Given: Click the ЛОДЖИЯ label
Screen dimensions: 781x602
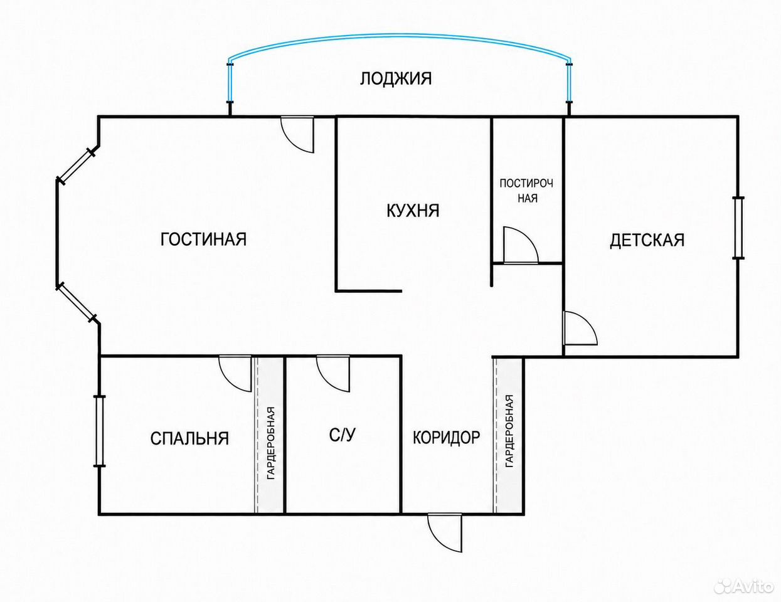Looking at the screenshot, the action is (x=396, y=78).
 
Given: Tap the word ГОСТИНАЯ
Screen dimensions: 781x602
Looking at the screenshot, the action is (x=203, y=239).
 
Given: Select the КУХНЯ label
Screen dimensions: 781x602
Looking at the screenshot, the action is (x=413, y=211).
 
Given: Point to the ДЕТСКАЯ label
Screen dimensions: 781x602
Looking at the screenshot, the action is (x=647, y=240).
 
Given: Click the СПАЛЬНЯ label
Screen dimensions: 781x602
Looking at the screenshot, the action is (x=189, y=438).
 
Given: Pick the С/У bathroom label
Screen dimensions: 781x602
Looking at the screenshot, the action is (x=342, y=435).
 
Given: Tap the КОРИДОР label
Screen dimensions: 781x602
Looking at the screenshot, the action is (x=446, y=438).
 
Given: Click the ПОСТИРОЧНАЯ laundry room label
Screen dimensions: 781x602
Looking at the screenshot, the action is (x=526, y=191).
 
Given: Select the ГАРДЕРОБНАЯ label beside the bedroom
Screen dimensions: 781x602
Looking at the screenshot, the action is (x=271, y=443).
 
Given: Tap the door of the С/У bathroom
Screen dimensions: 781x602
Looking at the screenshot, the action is (x=333, y=374).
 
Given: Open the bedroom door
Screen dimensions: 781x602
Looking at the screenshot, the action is (x=235, y=374).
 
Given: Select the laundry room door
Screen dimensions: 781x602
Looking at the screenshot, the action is (x=521, y=245).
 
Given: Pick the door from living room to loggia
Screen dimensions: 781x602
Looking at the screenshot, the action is (x=298, y=134).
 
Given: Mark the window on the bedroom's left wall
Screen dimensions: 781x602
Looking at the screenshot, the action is (x=99, y=431).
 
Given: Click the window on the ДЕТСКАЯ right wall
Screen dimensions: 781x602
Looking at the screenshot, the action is (x=738, y=228).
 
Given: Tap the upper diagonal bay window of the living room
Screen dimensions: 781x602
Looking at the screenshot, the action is (x=77, y=167).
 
